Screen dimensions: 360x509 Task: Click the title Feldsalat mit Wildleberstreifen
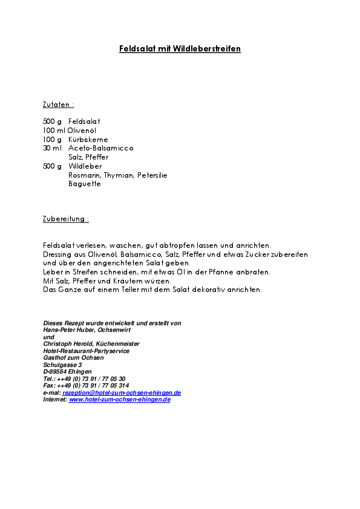pyautogui.click(x=180, y=48)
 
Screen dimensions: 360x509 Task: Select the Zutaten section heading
pyautogui.click(x=58, y=105)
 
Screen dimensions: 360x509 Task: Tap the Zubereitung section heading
pyautogui.click(x=66, y=218)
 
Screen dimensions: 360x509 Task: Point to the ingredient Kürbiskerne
pyautogui.click(x=88, y=139)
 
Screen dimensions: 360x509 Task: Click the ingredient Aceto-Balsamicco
pyautogui.click(x=101, y=148)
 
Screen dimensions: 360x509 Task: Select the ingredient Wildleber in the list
pyautogui.click(x=85, y=166)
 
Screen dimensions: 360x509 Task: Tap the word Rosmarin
pyautogui.click(x=84, y=175)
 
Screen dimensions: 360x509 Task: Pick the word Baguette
pyautogui.click(x=85, y=184)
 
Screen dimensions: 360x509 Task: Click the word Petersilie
pyautogui.click(x=152, y=175)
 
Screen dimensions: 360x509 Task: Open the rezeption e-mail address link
pyautogui.click(x=122, y=392)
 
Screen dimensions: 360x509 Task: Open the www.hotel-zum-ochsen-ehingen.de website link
pyautogui.click(x=120, y=400)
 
